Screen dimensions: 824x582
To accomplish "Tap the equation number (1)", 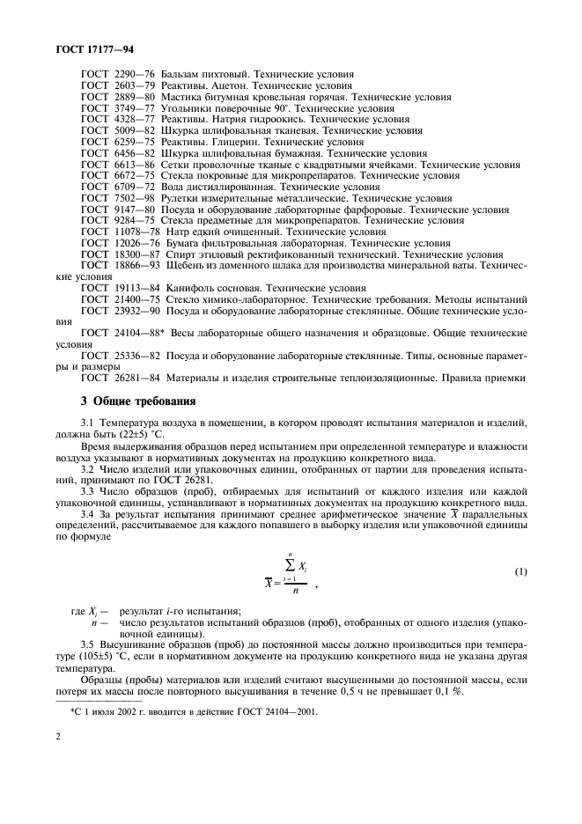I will [x=520, y=572].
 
